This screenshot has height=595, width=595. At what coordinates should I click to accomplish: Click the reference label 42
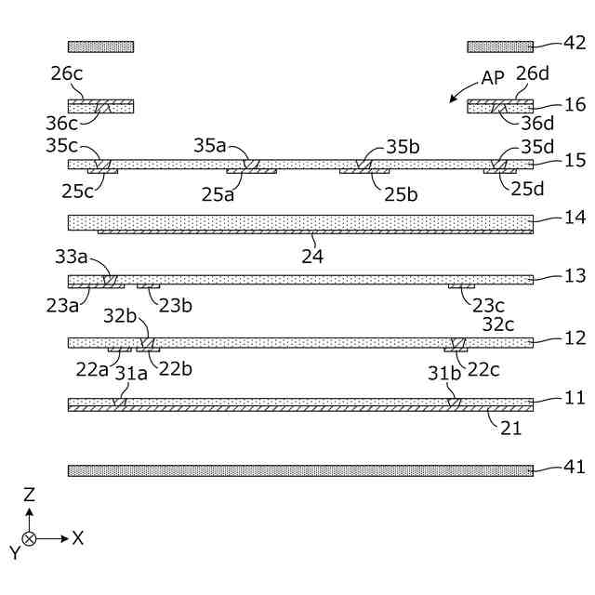pyautogui.click(x=575, y=42)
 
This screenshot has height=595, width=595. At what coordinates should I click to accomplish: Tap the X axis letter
pyautogui.click(x=78, y=536)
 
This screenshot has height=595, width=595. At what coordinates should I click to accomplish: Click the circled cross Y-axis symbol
pyautogui.click(x=29, y=538)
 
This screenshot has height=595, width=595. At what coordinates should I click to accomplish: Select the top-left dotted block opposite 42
pyautogui.click(x=100, y=46)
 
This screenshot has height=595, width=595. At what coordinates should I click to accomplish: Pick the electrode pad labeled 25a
pyautogui.click(x=252, y=171)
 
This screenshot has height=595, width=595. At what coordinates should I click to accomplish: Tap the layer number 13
pyautogui.click(x=575, y=275)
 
